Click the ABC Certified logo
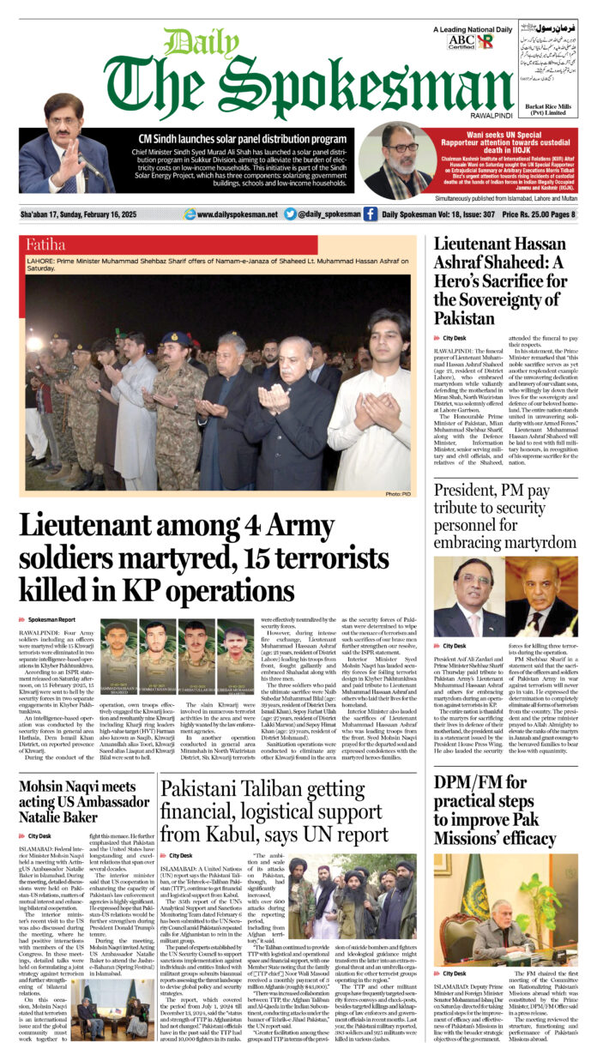[x=461, y=41]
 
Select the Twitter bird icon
[x=290, y=214]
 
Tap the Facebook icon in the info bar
[x=370, y=214]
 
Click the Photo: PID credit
[x=398, y=494]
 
